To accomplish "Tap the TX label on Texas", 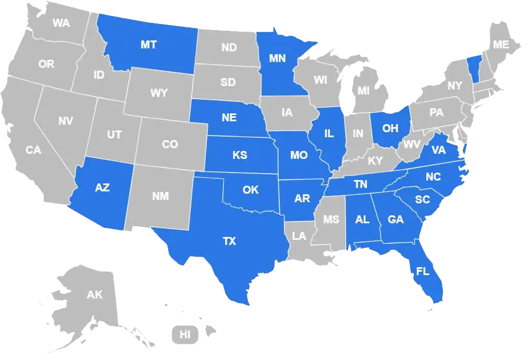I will tap(229, 242).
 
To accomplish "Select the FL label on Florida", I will tap(423, 271).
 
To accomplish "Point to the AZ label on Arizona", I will tap(103, 187).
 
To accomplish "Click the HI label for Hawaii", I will tap(185, 334).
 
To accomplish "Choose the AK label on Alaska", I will tap(95, 294).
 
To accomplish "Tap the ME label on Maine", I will tap(501, 44).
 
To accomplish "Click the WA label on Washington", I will tap(61, 23).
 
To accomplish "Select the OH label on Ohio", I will tap(390, 128).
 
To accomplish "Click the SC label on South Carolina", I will tap(422, 199).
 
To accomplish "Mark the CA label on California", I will tap(34, 150).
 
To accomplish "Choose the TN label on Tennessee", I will tap(360, 184).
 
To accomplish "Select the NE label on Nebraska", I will tap(229, 118).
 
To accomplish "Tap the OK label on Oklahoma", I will tap(251, 190).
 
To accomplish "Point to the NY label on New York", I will tap(455, 86).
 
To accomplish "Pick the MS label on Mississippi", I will tap(331, 219).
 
